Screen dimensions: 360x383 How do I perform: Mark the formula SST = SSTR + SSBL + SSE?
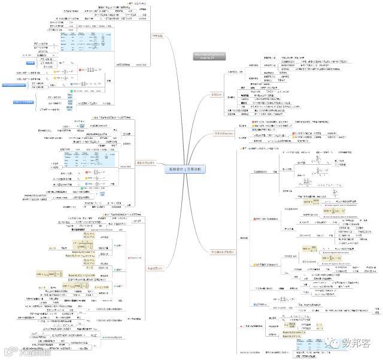point(93,143)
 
